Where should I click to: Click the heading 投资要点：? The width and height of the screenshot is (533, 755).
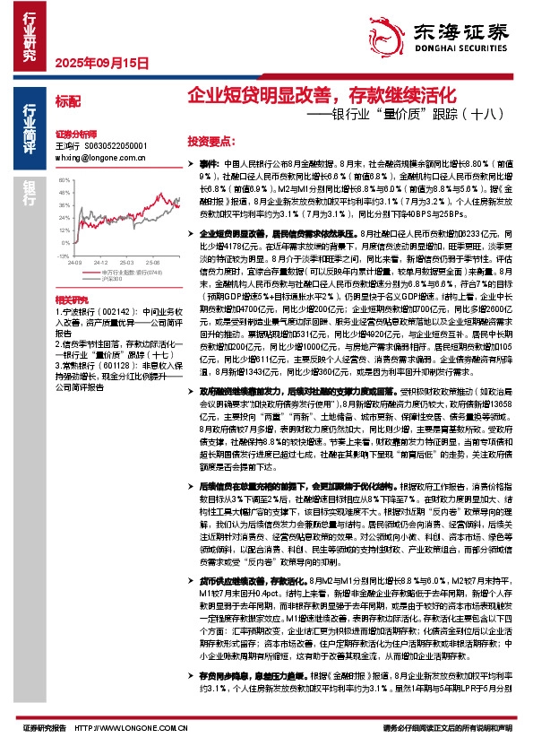[x=211, y=142]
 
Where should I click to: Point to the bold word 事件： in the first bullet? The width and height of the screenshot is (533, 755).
[x=208, y=165]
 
